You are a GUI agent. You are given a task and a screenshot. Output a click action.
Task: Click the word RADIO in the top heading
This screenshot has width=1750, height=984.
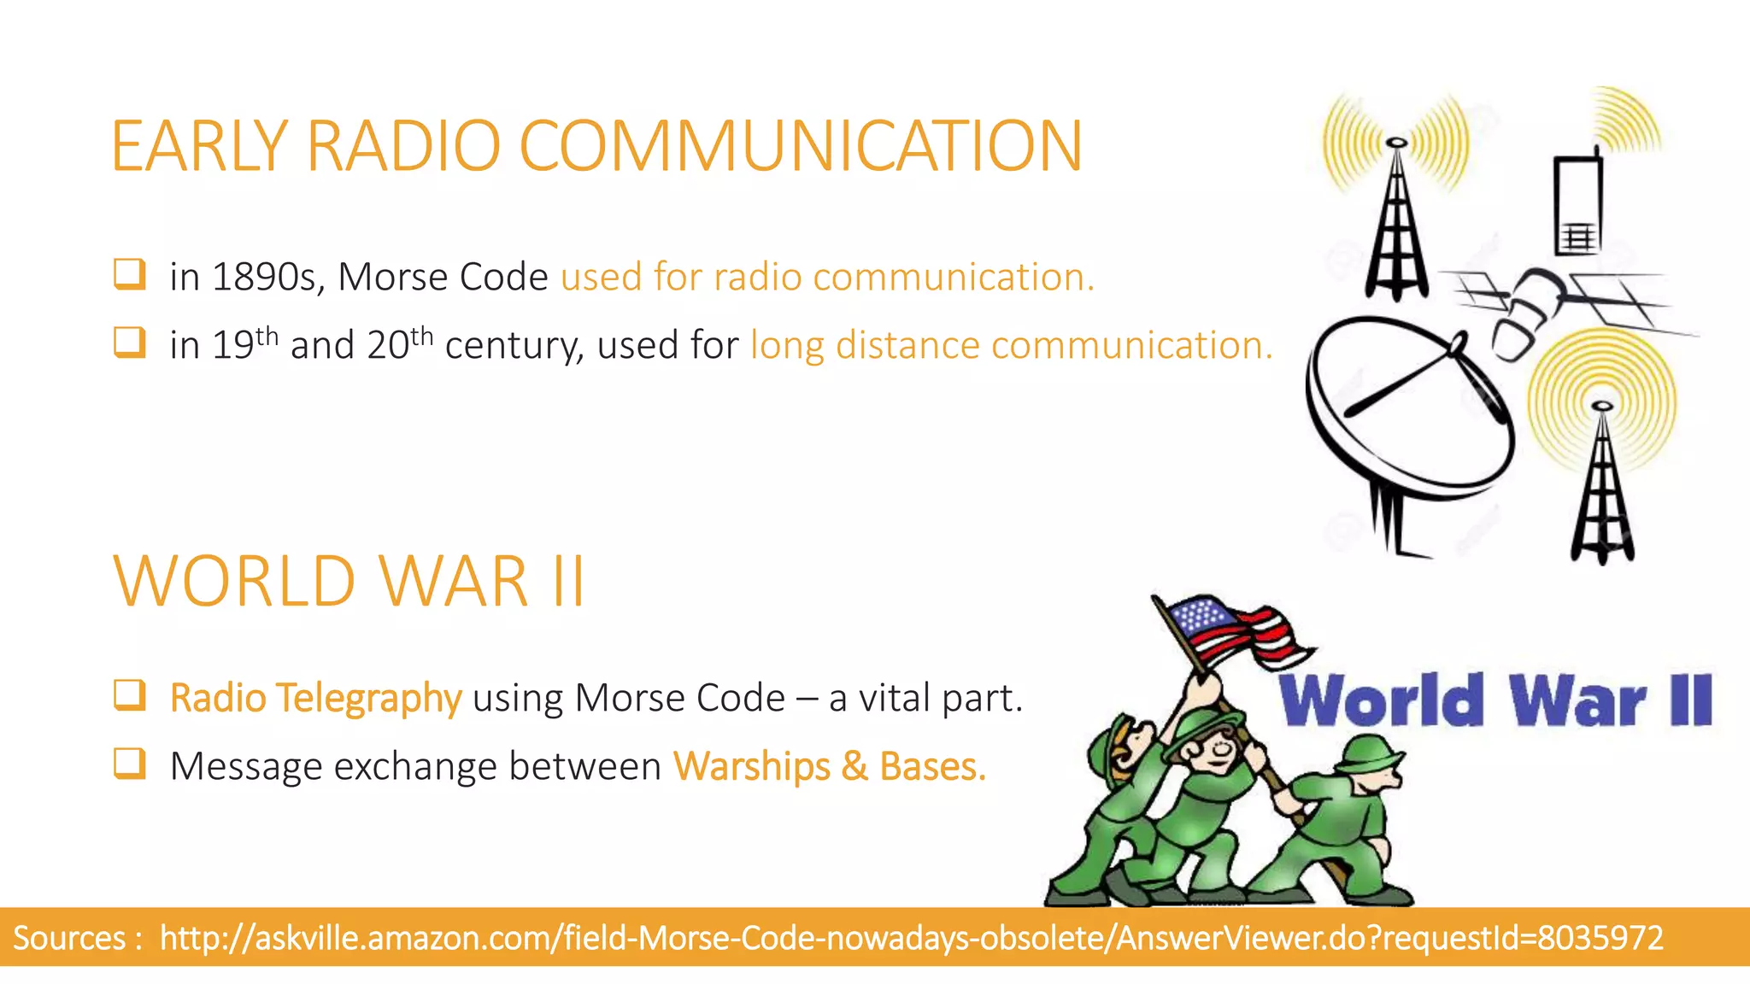pos(402,146)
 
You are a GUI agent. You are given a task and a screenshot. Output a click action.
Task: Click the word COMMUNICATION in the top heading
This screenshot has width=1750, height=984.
pos(801,146)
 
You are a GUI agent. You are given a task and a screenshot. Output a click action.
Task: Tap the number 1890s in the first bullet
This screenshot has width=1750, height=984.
pos(263,278)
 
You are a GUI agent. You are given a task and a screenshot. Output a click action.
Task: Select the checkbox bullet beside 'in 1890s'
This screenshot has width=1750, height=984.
pos(129,275)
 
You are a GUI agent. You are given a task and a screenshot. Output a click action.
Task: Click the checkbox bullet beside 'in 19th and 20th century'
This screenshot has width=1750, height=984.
pos(129,343)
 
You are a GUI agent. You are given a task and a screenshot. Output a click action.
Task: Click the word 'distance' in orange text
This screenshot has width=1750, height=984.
pos(907,346)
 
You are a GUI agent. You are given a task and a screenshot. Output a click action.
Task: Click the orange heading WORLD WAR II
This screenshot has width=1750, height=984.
pos(349,582)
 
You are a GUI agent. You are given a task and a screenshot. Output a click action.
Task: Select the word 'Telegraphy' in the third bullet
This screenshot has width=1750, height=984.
pos(368,699)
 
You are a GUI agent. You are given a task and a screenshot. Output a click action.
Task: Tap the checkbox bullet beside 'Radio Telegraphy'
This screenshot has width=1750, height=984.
pos(129,695)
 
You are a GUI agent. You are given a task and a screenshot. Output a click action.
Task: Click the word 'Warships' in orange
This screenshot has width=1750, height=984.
pos(751,766)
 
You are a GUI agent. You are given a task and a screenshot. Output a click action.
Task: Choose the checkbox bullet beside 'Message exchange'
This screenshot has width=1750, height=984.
pos(129,764)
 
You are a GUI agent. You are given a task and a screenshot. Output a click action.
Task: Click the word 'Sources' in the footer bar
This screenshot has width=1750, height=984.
pos(69,938)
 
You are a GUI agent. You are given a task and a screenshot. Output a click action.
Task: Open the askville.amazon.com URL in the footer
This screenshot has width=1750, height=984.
pos(911,938)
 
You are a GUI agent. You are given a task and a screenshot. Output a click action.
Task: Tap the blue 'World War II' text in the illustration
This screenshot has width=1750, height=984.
pos(1495,700)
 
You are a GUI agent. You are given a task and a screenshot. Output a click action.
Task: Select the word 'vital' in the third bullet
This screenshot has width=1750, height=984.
pos(894,699)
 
